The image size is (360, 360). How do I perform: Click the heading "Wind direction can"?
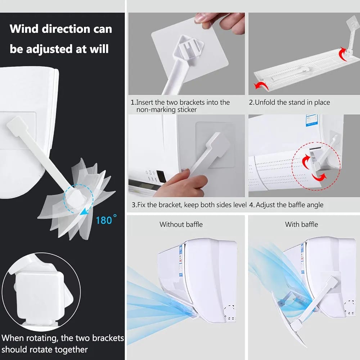(x=61, y=29)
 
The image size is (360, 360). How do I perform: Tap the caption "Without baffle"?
(x=181, y=224)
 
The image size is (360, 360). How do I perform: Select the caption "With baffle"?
(x=301, y=224)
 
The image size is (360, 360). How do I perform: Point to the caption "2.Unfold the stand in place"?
(x=289, y=103)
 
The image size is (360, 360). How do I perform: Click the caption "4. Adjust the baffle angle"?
(x=286, y=205)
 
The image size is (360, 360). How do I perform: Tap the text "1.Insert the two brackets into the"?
(x=180, y=103)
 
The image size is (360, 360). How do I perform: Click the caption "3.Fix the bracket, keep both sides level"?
(x=189, y=205)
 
